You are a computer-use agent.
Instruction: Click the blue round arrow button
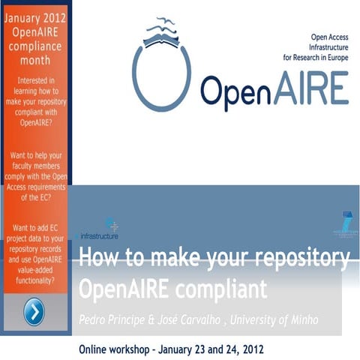click(x=34, y=312)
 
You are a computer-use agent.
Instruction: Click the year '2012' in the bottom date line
click(x=248, y=349)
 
